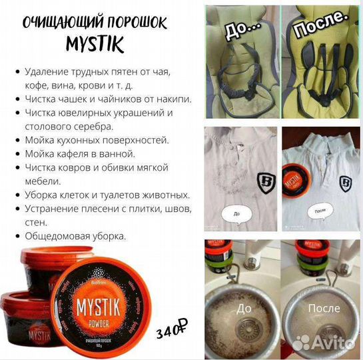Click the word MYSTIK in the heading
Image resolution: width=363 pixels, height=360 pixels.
click(95, 45)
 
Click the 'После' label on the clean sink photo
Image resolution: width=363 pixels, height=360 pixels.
click(324, 309)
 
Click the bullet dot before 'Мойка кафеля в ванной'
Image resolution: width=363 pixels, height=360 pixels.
click(15, 154)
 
